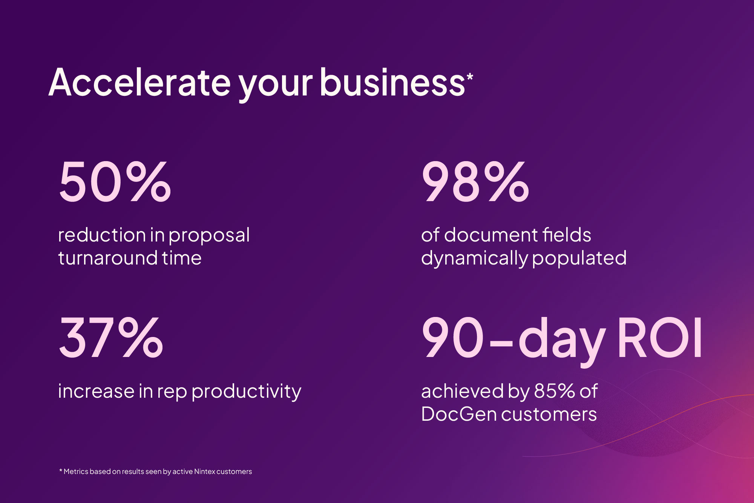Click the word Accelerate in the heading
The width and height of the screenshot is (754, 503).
click(x=139, y=82)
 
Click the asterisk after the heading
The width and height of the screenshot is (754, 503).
click(x=470, y=77)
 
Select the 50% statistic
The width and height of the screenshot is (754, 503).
click(x=115, y=182)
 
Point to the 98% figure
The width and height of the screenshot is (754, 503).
click(x=475, y=182)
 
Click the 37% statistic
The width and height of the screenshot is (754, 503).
click(x=111, y=337)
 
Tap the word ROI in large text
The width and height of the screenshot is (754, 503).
click(x=659, y=337)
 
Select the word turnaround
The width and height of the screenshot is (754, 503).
click(x=108, y=258)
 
